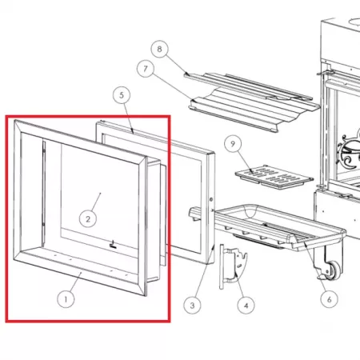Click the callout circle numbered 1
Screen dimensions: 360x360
click(66, 299)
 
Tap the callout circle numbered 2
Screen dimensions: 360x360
click(88, 218)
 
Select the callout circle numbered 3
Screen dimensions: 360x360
click(192, 305)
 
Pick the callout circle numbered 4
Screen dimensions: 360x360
click(246, 305)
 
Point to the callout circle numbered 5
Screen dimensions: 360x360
click(122, 95)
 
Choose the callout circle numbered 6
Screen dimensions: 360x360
click(329, 299)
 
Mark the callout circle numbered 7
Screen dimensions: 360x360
click(146, 69)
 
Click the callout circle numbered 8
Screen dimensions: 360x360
click(159, 50)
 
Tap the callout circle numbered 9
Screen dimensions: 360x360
click(233, 144)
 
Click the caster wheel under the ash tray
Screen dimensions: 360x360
click(334, 270)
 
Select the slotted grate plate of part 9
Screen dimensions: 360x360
click(274, 177)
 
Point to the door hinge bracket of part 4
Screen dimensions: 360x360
click(234, 266)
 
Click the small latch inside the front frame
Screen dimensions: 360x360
click(114, 245)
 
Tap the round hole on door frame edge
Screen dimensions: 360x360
click(211, 199)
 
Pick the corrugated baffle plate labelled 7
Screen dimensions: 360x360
click(254, 110)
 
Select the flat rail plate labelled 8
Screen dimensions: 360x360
click(248, 86)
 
